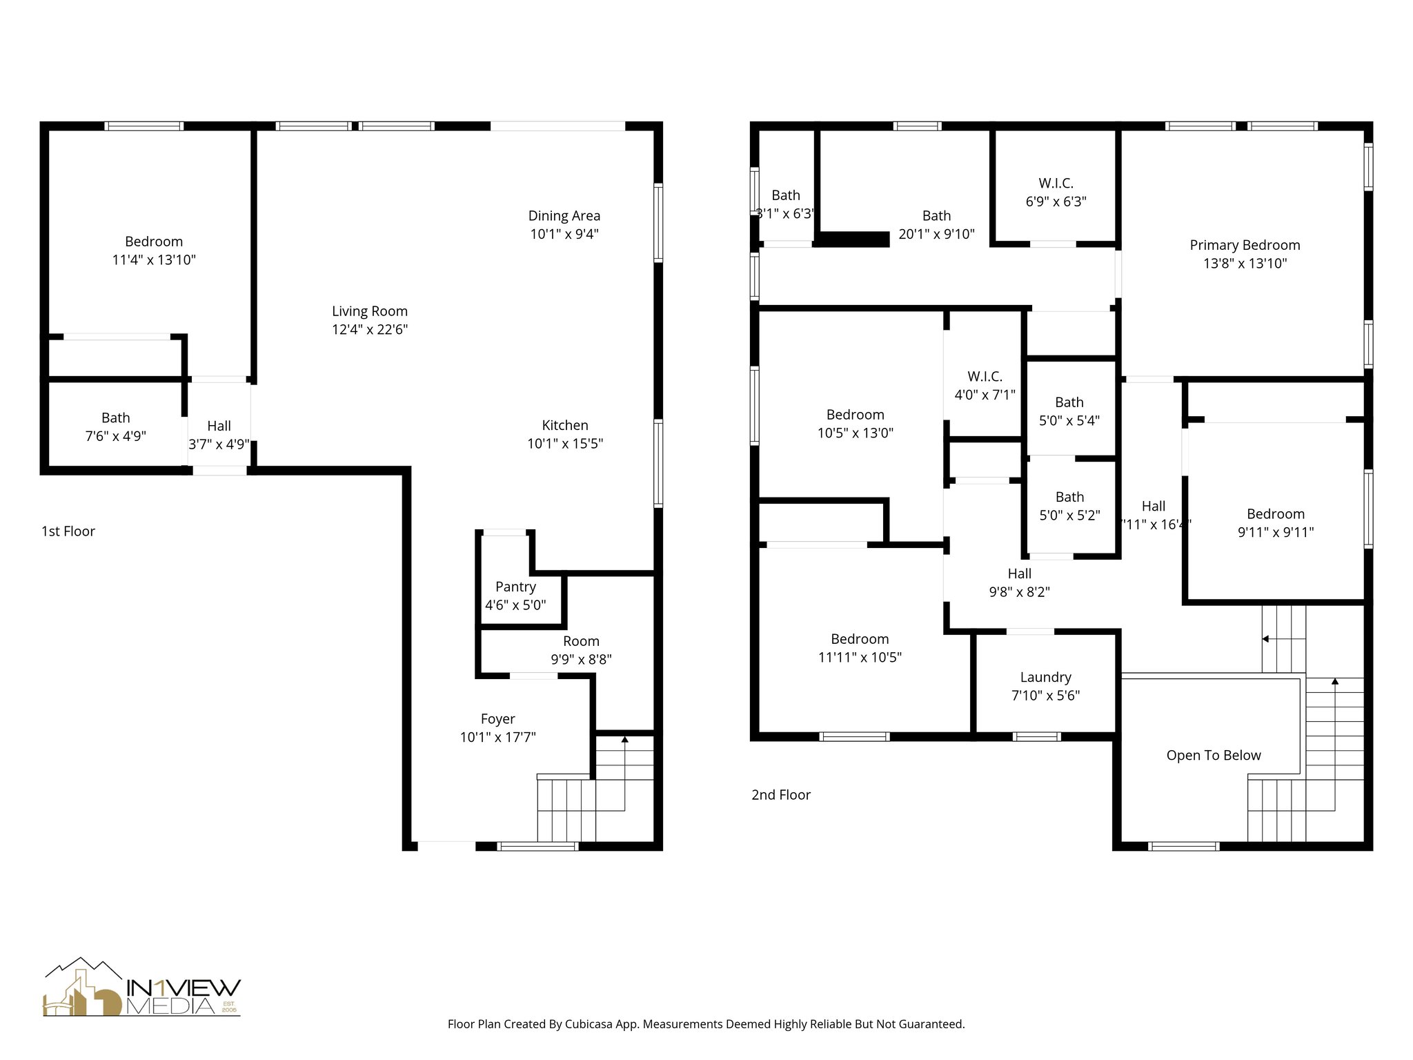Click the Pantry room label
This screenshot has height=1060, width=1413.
click(x=515, y=587)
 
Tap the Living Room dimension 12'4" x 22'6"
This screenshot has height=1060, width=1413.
click(x=370, y=330)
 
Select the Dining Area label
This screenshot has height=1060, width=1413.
click(x=564, y=216)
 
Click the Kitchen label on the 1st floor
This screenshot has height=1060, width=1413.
click(x=565, y=426)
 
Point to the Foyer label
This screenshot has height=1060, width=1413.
click(x=497, y=719)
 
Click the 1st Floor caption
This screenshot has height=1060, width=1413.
click(x=68, y=531)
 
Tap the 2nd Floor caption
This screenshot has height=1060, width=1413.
click(x=781, y=795)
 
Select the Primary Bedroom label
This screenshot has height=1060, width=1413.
click(x=1245, y=245)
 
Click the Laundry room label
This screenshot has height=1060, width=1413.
click(x=1045, y=678)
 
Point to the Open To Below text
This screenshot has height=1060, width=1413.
click(x=1214, y=756)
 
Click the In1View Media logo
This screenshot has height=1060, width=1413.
click(x=142, y=988)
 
